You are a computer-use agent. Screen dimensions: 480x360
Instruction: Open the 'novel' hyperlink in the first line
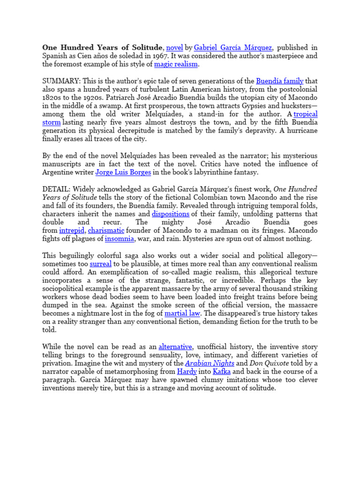(174, 47)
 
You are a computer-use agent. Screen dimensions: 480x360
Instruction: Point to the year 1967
(160, 56)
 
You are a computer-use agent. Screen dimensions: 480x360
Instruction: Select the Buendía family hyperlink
(279, 81)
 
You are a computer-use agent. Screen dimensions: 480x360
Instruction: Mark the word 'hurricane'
(300, 131)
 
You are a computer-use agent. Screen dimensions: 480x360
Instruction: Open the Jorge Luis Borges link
(123, 172)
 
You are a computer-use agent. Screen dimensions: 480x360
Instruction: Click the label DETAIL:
(56, 189)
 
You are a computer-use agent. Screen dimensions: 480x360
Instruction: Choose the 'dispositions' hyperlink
(170, 214)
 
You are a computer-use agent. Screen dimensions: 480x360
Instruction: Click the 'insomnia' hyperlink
(120, 239)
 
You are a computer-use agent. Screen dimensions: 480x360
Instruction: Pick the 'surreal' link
(100, 264)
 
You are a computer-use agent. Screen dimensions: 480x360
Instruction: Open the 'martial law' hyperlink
(191, 313)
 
